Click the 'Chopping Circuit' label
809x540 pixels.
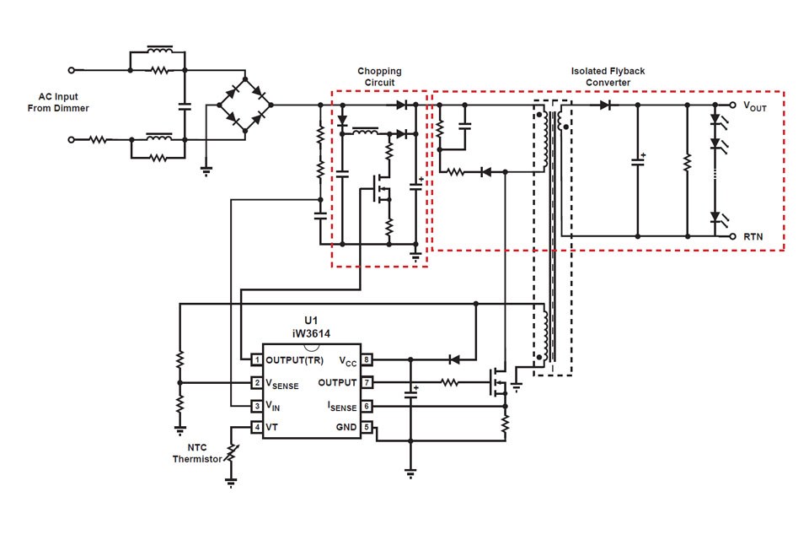(x=379, y=77)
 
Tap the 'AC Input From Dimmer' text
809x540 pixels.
(x=64, y=102)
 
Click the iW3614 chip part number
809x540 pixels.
(x=311, y=333)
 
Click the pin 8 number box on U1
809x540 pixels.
(x=367, y=360)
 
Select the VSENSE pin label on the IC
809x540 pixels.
(x=282, y=384)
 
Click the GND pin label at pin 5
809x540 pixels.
(x=346, y=428)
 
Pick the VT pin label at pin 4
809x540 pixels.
(x=272, y=428)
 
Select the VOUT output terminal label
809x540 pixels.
(x=754, y=107)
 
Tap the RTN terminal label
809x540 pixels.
(x=753, y=237)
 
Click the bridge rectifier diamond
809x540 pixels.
(x=246, y=105)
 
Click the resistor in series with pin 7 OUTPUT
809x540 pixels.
(x=450, y=383)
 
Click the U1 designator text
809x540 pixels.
(x=311, y=321)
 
